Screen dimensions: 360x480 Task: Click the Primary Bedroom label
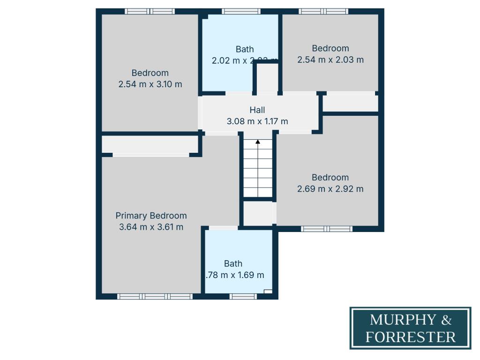coord(151,216)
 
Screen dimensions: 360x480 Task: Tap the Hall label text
coord(257,110)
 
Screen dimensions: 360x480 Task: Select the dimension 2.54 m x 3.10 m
coord(150,84)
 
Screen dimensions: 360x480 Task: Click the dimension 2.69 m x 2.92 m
coord(330,189)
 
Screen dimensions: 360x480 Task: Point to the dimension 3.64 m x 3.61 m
coord(151,227)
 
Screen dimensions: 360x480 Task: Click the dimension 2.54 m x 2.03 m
coord(330,60)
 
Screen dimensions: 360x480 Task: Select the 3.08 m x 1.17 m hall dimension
coord(257,121)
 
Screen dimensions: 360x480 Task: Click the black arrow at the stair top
coord(258,142)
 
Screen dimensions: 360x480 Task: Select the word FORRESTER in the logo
coord(411,337)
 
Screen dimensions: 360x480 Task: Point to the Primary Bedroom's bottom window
coord(155,296)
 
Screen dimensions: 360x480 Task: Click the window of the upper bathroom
coord(241,11)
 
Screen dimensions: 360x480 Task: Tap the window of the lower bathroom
coord(243,296)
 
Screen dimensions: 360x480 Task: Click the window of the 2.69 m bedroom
coord(326,229)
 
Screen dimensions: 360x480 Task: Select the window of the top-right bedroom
coord(323,11)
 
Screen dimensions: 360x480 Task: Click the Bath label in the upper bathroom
coord(245,49)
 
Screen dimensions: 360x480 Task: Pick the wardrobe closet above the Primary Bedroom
coord(150,144)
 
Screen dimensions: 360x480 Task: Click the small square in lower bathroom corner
coord(268,292)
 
